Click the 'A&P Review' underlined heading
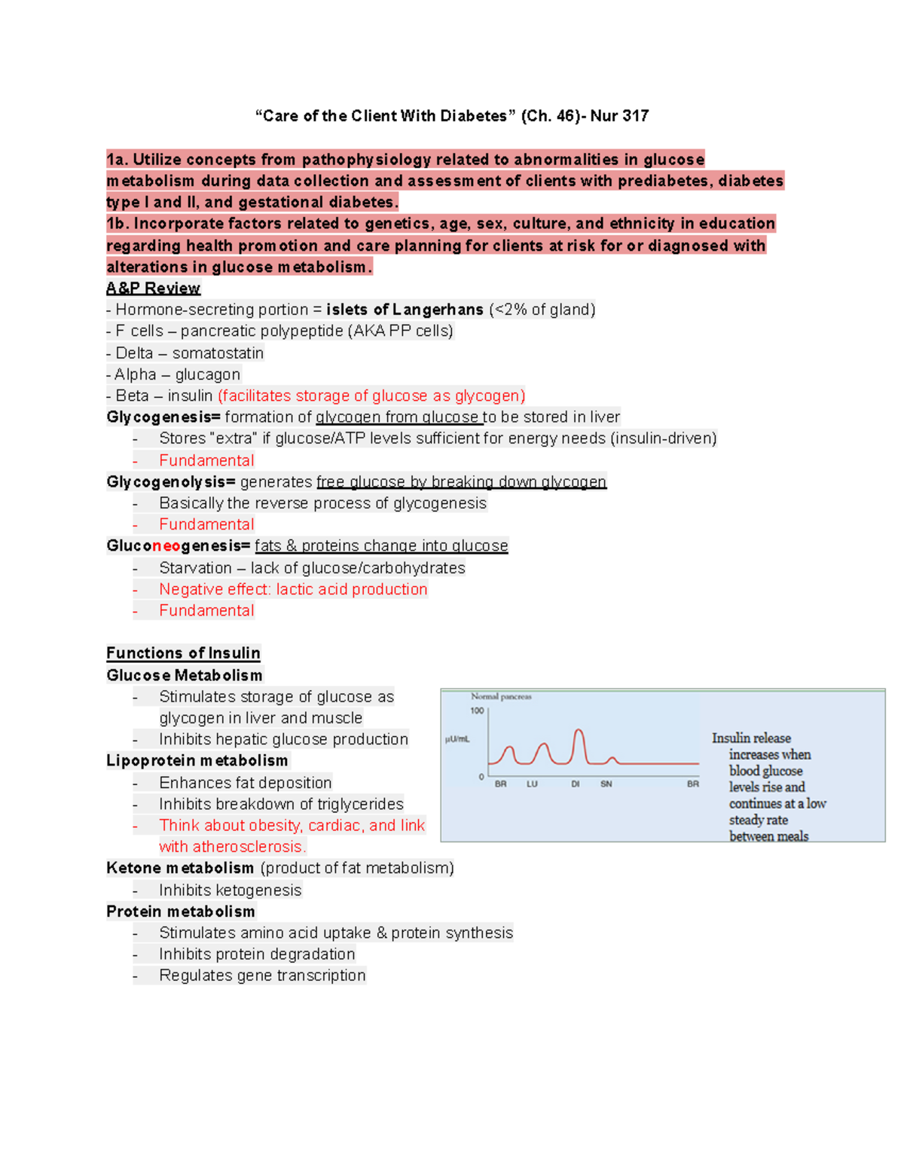coord(153,289)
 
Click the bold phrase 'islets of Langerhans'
coord(405,310)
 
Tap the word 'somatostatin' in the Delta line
coord(218,353)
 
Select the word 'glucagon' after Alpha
coord(207,374)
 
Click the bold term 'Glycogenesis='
coord(163,417)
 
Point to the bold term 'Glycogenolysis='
coord(171,482)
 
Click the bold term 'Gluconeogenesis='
coord(178,546)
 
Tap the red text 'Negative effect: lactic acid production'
coord(293,589)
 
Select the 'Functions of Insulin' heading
coord(183,653)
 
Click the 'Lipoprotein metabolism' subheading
coord(197,761)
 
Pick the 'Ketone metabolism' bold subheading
coord(179,868)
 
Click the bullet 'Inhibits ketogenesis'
coord(230,890)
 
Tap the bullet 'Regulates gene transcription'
coord(262,976)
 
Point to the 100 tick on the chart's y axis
coord(477,710)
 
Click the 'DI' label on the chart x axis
coord(576,784)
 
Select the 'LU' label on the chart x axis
coord(532,784)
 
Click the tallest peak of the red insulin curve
coord(578,730)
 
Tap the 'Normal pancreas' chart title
coord(501,697)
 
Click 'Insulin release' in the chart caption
coord(751,738)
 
